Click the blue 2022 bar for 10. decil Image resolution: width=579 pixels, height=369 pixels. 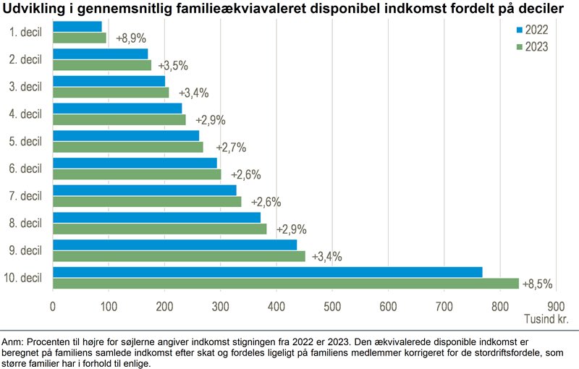(268, 272)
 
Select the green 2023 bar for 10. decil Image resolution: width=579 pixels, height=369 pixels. (286, 283)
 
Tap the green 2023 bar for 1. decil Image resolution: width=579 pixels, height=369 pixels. (80, 38)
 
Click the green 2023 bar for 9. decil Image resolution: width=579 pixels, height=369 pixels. (190, 255)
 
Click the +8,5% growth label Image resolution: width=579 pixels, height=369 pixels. (538, 284)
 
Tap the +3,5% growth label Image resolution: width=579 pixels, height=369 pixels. (172, 65)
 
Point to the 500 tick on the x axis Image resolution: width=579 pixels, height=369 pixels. (332, 306)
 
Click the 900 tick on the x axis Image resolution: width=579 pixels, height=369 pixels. (556, 306)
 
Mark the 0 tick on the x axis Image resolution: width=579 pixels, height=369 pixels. (53, 306)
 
